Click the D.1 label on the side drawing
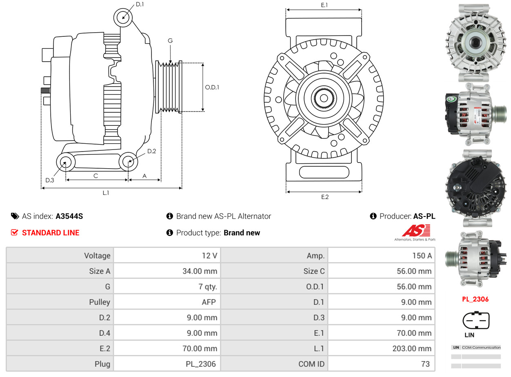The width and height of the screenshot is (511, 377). [x=140, y=4]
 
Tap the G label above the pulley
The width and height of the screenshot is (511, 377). [x=170, y=40]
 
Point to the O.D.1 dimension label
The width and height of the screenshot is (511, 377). [x=212, y=87]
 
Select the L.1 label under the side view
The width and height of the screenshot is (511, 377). [x=106, y=193]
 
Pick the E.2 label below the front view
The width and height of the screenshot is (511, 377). [x=324, y=197]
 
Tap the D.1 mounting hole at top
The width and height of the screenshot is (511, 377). [x=122, y=18]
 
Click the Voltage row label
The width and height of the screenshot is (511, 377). [x=97, y=256]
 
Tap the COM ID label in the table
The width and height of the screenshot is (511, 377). [x=311, y=364]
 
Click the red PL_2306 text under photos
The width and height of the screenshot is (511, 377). [x=475, y=299]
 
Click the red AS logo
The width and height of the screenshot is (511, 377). [x=416, y=231]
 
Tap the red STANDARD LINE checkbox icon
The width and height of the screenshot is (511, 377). [x=15, y=232]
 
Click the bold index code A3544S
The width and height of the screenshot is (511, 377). [x=69, y=216]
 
